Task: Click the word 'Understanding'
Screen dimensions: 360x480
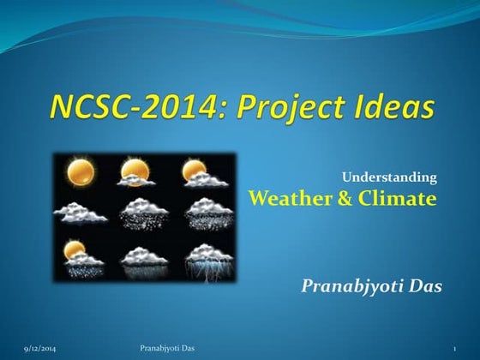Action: tap(390, 177)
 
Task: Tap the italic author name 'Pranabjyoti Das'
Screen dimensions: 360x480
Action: tap(371, 285)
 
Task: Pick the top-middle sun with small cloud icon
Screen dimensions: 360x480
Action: tap(137, 172)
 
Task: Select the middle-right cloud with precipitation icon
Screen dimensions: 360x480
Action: tap(204, 213)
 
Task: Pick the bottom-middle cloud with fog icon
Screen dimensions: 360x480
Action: tap(143, 258)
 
